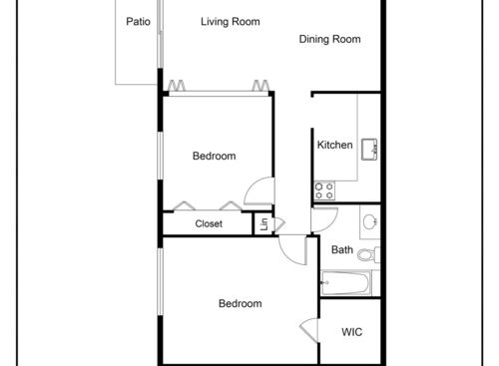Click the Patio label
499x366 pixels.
pos(138,22)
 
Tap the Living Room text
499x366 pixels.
pos(231,22)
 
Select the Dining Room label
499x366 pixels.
pos(329,40)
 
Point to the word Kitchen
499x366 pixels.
pos(334,146)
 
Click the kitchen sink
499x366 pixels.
pos(369,148)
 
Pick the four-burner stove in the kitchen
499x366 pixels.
pos(324,188)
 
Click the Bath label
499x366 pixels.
pos(342,250)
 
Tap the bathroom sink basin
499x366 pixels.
pos(369,220)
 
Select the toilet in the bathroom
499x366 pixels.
pos(367,254)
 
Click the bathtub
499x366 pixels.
pos(345,282)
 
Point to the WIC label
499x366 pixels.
pos(351,332)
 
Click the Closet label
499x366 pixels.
pos(209,224)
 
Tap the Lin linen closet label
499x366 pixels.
pos(263,224)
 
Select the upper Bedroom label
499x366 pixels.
pos(214,156)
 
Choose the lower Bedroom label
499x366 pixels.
pos(241,304)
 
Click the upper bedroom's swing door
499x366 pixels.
pos(258,191)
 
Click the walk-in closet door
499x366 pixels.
pos(306,328)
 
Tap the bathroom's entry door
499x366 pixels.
pos(325,219)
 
